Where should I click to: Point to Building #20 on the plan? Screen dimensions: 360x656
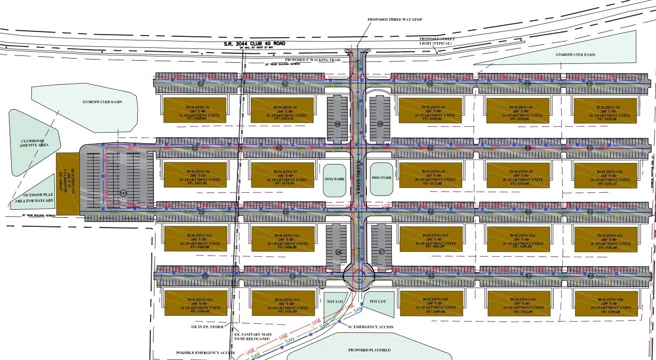[605, 304]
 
